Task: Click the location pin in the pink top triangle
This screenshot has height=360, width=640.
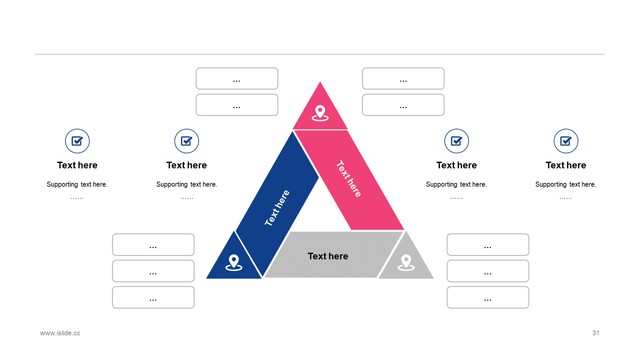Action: pos(320,112)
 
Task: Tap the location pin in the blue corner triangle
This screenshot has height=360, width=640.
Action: pos(233,262)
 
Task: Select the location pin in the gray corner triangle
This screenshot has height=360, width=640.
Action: pos(406,262)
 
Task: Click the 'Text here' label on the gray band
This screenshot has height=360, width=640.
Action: pos(328,256)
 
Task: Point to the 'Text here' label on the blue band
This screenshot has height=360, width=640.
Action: pos(277,208)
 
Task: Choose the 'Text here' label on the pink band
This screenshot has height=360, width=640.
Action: pos(348,179)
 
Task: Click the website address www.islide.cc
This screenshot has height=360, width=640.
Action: pos(60,333)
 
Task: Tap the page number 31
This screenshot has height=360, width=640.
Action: pos(595,333)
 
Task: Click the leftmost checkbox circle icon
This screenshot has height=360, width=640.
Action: pos(77,141)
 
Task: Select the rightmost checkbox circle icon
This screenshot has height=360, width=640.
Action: pos(566,141)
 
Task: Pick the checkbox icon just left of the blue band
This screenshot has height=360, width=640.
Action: pos(186,141)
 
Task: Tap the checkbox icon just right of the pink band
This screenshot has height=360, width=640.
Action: pos(456,141)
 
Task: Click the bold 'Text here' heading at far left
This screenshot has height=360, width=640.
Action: pos(77,165)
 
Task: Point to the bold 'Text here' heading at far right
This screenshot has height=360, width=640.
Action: pos(566,165)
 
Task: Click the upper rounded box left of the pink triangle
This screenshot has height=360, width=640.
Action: pos(237,78)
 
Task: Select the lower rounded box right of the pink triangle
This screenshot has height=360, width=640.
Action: pos(403,105)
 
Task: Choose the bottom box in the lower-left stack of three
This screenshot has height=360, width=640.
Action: pos(153,297)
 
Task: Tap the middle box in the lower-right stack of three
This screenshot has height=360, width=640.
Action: pos(487,271)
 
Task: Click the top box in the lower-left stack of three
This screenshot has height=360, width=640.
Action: pos(153,244)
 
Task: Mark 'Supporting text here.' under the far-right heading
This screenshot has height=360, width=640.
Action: pos(566,184)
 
